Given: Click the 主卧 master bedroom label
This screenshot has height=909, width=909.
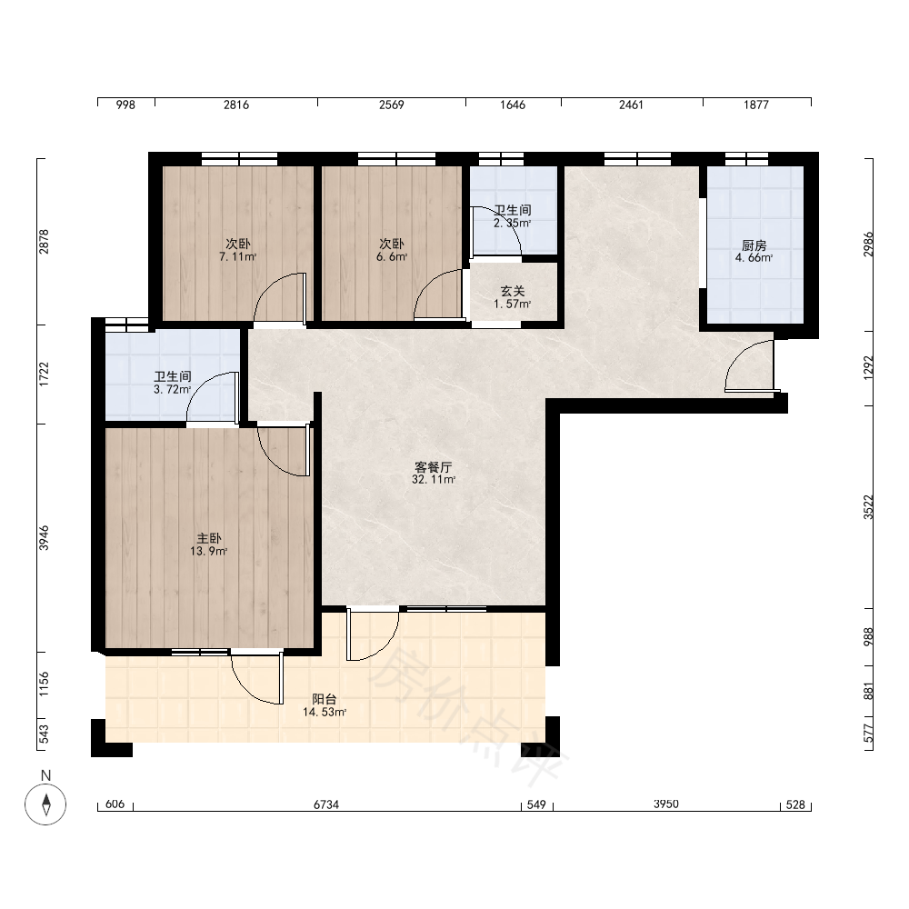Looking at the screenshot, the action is [209, 538].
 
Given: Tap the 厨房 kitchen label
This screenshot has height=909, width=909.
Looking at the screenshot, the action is [754, 245].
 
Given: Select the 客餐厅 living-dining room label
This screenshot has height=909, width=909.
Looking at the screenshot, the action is [433, 466].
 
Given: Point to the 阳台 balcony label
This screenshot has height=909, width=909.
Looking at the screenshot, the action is [325, 699].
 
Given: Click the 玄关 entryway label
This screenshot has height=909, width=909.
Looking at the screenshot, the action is [513, 291].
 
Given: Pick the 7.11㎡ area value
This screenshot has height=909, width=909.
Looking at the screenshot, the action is [237, 257].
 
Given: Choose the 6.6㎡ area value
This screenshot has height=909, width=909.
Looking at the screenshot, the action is [392, 257].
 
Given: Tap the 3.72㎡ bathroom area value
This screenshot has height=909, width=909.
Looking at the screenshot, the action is [172, 390].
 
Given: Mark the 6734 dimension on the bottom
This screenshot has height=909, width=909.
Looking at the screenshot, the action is [325, 804].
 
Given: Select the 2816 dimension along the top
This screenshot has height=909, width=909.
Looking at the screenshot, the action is [236, 105].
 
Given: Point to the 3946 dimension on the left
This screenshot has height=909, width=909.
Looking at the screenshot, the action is [44, 538].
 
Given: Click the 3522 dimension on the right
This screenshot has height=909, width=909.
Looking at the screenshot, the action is [868, 507].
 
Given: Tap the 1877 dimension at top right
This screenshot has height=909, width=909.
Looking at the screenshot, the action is [756, 105].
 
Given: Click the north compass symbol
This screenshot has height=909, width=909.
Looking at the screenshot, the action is [45, 804].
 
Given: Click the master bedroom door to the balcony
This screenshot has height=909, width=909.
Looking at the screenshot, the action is [257, 679].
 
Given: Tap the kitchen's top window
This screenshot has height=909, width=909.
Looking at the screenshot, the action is [746, 158].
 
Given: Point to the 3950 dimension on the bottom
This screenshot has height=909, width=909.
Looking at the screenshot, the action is [665, 804].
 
